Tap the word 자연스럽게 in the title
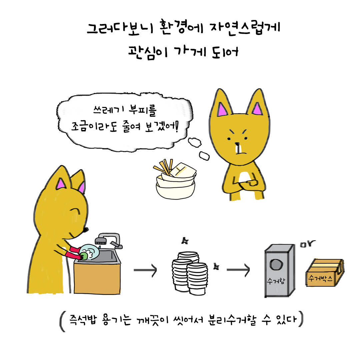coord(245,29)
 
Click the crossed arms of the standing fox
coord(248,182)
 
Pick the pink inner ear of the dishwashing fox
coord(61,184)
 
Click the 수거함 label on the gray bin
coord(275,281)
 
